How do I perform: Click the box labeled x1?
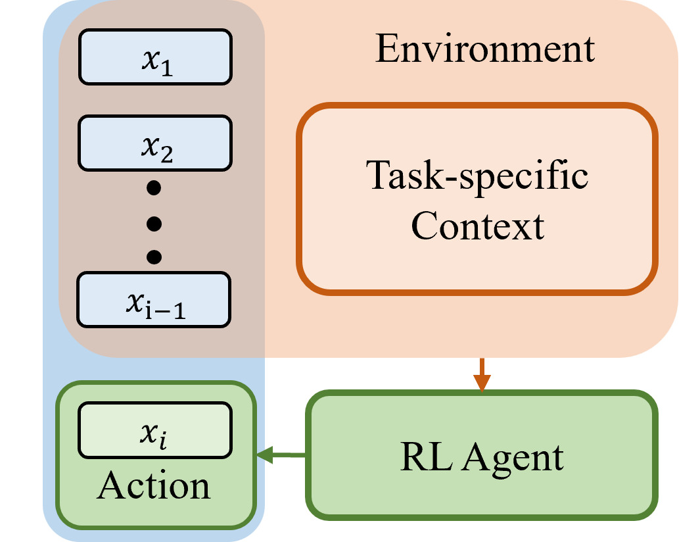tap(155, 57)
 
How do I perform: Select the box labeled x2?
tap(155, 143)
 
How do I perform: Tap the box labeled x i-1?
tap(154, 299)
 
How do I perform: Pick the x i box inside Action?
tap(155, 430)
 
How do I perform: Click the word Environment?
tap(485, 49)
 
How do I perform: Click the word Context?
tap(477, 226)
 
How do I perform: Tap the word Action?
tap(154, 486)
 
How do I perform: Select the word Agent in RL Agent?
tap(513, 458)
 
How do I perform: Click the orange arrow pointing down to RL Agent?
tap(482, 375)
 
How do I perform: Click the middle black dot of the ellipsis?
tap(154, 224)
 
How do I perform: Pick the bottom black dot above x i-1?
tap(154, 256)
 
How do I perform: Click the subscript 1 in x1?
tap(167, 68)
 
